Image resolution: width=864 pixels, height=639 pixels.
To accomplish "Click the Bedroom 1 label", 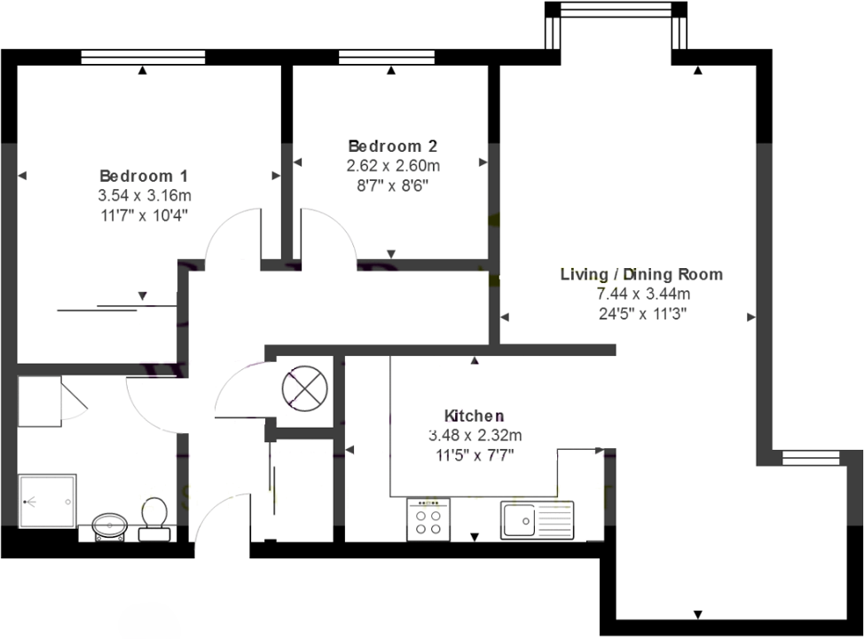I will (143, 176).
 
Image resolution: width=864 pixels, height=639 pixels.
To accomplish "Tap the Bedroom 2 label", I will (392, 146).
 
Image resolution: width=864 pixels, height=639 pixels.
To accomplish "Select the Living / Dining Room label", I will (641, 273).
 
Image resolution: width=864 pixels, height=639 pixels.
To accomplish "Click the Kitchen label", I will (474, 415).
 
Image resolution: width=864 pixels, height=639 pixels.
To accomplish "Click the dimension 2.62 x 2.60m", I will (392, 165).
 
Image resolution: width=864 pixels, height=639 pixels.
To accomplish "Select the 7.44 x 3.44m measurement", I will (641, 293).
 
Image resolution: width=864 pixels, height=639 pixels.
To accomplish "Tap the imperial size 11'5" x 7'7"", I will (474, 454).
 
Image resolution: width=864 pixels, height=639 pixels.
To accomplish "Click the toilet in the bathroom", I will (154, 518).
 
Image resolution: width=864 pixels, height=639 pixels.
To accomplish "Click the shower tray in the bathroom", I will (47, 501).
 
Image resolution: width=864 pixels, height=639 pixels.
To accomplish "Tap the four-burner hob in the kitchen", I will (428, 519).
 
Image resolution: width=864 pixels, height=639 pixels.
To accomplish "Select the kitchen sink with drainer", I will (537, 519).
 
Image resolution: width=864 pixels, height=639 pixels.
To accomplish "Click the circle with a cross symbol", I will (304, 388).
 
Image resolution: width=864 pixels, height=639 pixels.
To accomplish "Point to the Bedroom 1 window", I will (143, 57).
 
